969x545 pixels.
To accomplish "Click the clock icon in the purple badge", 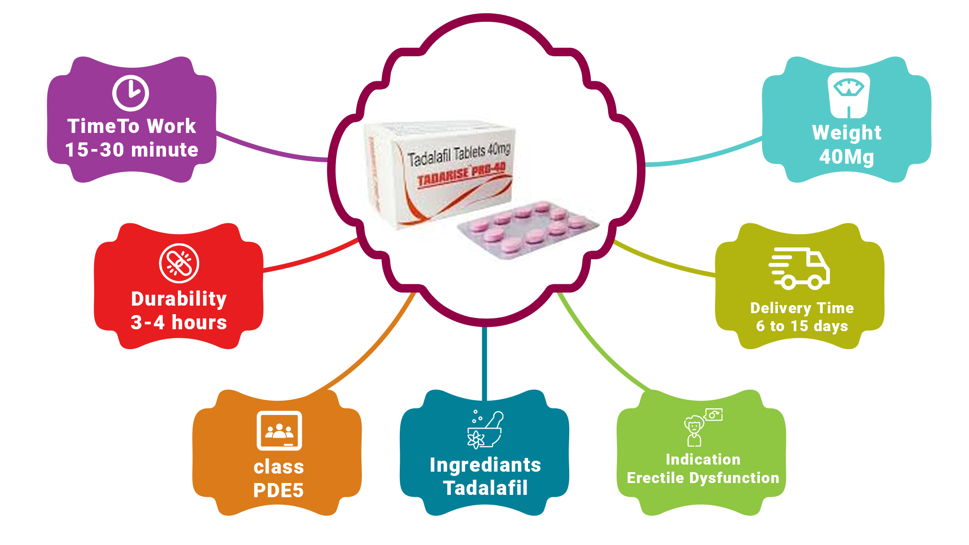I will [x=131, y=93].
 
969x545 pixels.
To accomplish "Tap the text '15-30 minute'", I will [x=132, y=150].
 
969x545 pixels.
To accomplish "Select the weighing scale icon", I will [x=849, y=95].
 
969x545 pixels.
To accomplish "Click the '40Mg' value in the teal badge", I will [x=846, y=157].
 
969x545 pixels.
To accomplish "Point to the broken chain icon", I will [x=179, y=263].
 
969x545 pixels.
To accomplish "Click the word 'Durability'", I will [x=179, y=299].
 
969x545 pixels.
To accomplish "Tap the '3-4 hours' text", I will [x=179, y=323].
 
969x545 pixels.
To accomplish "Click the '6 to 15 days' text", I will [x=802, y=326].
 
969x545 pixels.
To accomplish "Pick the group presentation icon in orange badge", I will [x=279, y=431].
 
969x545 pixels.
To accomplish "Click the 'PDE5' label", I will [x=278, y=491].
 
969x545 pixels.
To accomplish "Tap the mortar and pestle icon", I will [x=485, y=429].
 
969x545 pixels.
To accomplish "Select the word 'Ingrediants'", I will [x=485, y=465].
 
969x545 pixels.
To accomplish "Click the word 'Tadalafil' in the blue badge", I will [x=485, y=488].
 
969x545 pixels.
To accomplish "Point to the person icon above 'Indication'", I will [x=695, y=430].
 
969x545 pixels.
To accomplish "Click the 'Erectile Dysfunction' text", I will [x=703, y=478].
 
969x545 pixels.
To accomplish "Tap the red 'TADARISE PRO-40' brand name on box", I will [x=461, y=174].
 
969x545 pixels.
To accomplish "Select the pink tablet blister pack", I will [x=528, y=229].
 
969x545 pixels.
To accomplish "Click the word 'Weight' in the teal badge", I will [x=846, y=133].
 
